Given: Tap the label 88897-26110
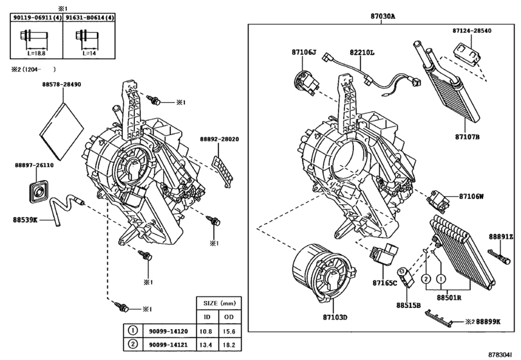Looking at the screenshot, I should (x=34, y=165).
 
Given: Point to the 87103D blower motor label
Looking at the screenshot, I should (x=334, y=318).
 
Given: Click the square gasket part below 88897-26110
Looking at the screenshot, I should (x=40, y=191).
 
